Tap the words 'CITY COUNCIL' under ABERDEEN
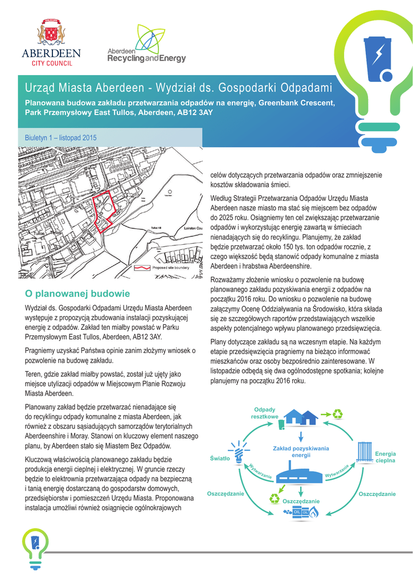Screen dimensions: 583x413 click(x=51, y=63)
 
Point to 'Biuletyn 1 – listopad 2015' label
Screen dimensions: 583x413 click(x=60, y=138)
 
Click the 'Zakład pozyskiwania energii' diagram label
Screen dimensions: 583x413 click(x=301, y=452)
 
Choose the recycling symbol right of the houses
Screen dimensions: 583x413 click(x=337, y=414)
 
